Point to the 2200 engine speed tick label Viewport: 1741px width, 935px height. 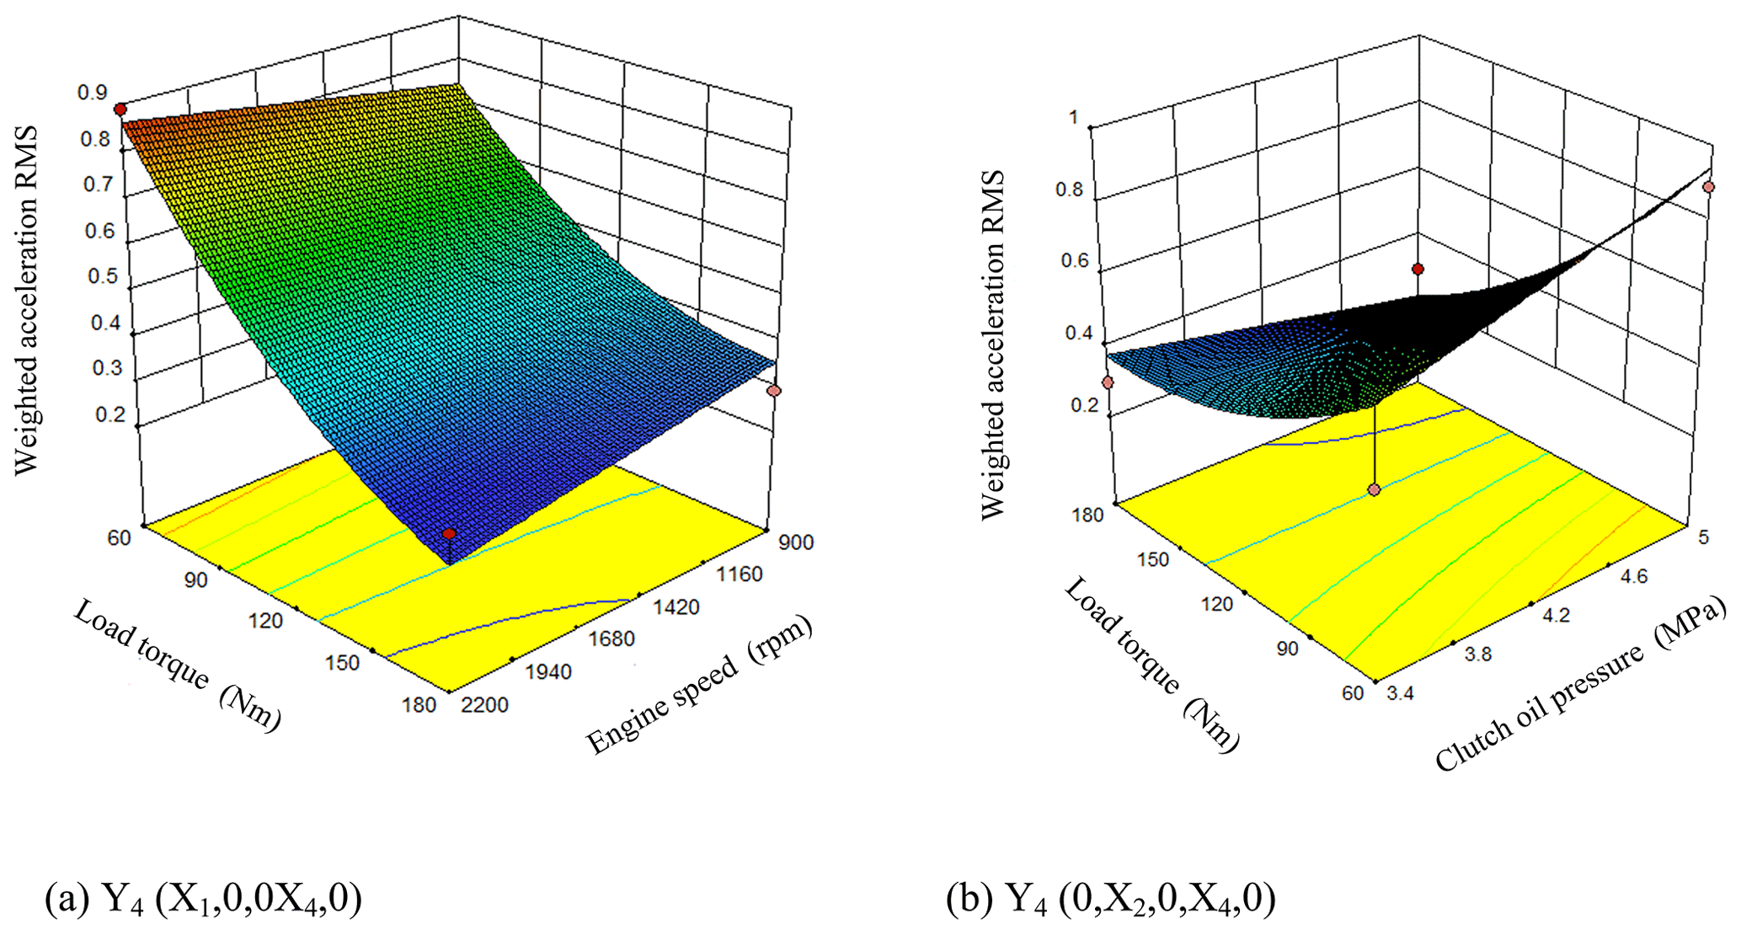tap(485, 704)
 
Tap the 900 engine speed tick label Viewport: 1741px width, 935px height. tap(796, 542)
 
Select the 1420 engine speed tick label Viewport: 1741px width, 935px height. tap(675, 606)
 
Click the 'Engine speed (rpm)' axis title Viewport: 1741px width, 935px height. tap(699, 684)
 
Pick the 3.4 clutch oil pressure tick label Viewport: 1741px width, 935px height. tap(1401, 693)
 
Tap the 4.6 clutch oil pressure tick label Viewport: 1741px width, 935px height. tap(1632, 576)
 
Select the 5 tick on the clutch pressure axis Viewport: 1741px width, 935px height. tap(1703, 537)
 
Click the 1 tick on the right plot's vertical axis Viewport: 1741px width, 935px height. tap(1074, 118)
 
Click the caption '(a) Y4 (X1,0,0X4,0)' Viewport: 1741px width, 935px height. tap(203, 898)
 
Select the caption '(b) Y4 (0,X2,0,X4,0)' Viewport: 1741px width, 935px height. tap(1110, 898)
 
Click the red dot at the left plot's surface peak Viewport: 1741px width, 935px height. tap(120, 110)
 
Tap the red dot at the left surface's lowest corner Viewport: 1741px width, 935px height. tap(449, 534)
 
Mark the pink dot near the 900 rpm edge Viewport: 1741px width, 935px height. tap(774, 391)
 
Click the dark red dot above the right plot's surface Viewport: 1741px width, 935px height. tap(1418, 270)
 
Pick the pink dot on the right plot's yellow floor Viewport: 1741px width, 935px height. tap(1375, 489)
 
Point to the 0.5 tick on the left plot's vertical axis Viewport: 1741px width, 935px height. tap(103, 276)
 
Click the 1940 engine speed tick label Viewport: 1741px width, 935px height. tap(548, 672)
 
